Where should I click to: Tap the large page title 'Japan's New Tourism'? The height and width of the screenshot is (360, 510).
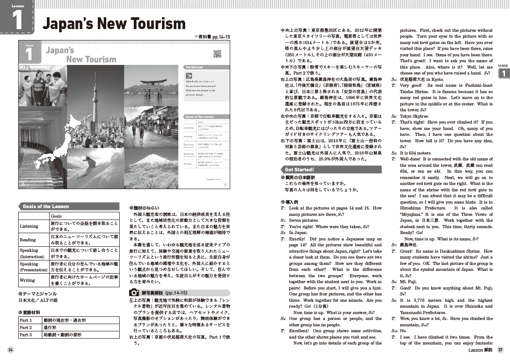pos(113,24)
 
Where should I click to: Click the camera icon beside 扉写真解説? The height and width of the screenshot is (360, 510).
pos(134,293)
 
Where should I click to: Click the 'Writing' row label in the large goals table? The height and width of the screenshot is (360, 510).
pos(27,280)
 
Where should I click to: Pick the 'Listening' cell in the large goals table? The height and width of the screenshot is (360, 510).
pos(30,226)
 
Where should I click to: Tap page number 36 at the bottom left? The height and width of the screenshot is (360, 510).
pos(10,350)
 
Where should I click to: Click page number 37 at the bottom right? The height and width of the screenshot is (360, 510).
pos(500,350)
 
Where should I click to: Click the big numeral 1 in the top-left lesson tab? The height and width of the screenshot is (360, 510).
pos(18,20)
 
